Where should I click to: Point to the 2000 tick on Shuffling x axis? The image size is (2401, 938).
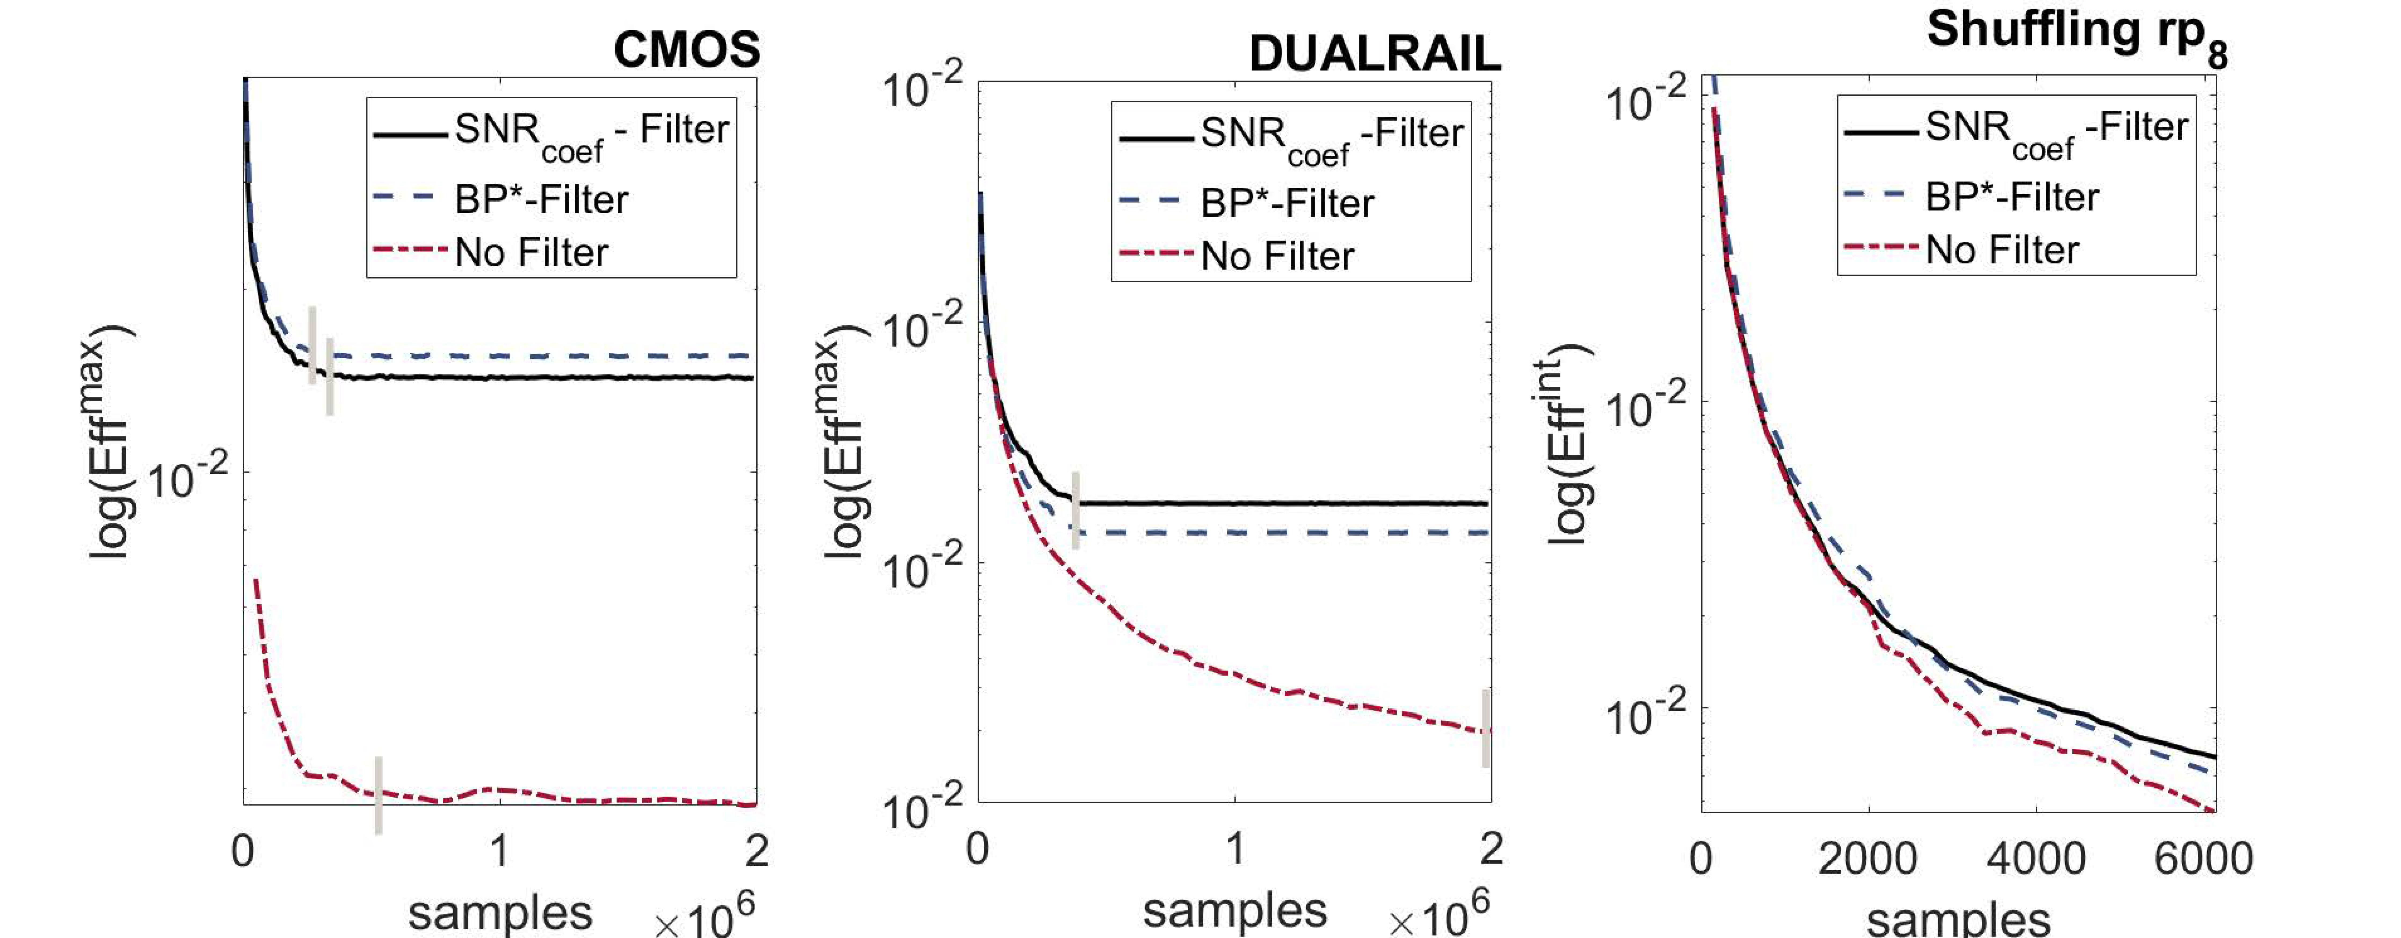[1867, 858]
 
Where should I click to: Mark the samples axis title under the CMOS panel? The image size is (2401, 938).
[500, 912]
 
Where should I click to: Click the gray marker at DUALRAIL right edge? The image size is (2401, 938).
[1486, 728]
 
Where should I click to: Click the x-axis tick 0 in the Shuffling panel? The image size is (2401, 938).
[1701, 858]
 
